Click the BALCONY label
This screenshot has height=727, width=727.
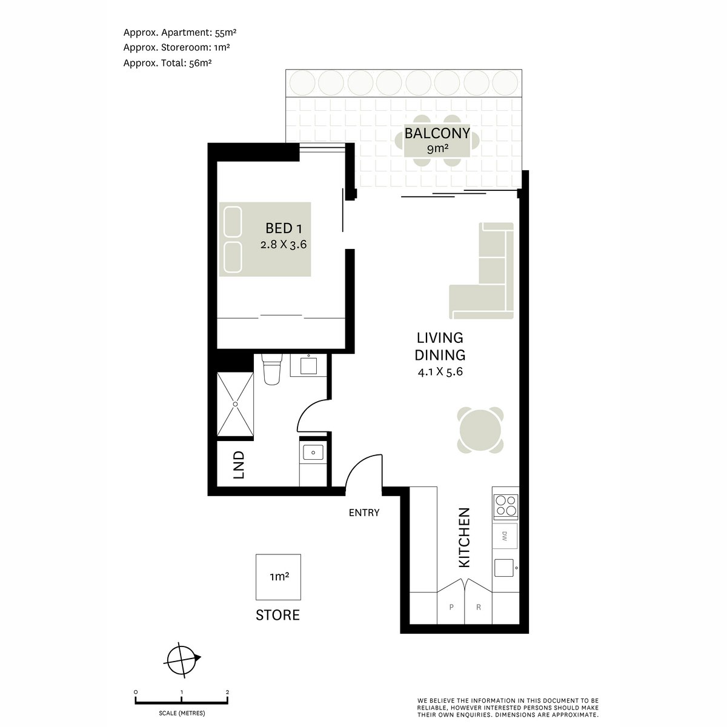tap(437, 133)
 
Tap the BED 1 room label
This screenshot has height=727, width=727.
tap(284, 228)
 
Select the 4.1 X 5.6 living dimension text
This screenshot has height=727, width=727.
tap(440, 372)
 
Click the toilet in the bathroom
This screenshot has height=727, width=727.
tap(271, 369)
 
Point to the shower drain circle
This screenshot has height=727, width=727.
tap(236, 404)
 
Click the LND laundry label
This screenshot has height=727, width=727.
tap(239, 465)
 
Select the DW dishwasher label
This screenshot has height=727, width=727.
tap(505, 536)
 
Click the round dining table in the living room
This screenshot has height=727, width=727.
tap(480, 430)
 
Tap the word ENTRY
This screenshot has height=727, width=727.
tap(364, 513)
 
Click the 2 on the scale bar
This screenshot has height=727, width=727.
tap(228, 692)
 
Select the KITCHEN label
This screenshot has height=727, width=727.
tap(464, 537)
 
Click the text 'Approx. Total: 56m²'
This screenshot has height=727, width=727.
tap(167, 63)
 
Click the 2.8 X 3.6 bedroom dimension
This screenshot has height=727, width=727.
tap(284, 245)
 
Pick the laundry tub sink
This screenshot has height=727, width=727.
tap(313, 452)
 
